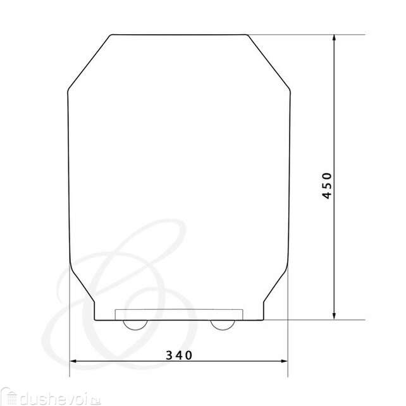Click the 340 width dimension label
(179, 355)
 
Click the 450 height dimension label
(327, 186)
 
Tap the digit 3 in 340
(169, 355)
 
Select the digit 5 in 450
(327, 186)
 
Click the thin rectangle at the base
(179, 314)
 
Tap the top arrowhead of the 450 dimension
(334, 39)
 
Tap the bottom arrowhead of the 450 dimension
(334, 316)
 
